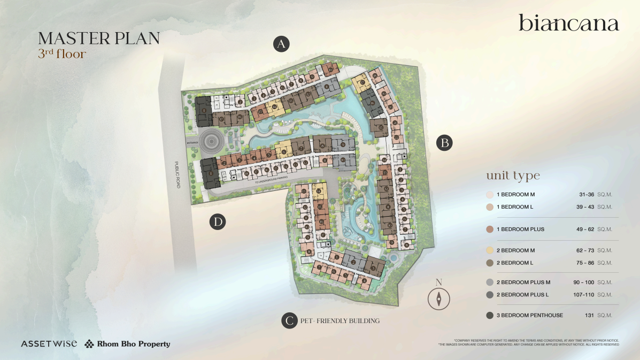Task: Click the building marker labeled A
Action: point(281,44)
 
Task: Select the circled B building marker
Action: point(444,143)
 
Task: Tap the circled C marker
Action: point(289,320)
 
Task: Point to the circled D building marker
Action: point(217,222)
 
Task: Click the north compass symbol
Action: point(439,299)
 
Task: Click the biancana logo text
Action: point(568,24)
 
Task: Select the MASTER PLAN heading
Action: point(99,39)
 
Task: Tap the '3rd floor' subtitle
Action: point(62,53)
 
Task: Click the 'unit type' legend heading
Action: point(513,176)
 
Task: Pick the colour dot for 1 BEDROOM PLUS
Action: point(489,229)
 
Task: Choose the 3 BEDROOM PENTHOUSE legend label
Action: point(530,316)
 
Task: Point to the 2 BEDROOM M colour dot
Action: point(489,250)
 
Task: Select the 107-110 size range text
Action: point(583,295)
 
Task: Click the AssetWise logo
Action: point(49,344)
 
